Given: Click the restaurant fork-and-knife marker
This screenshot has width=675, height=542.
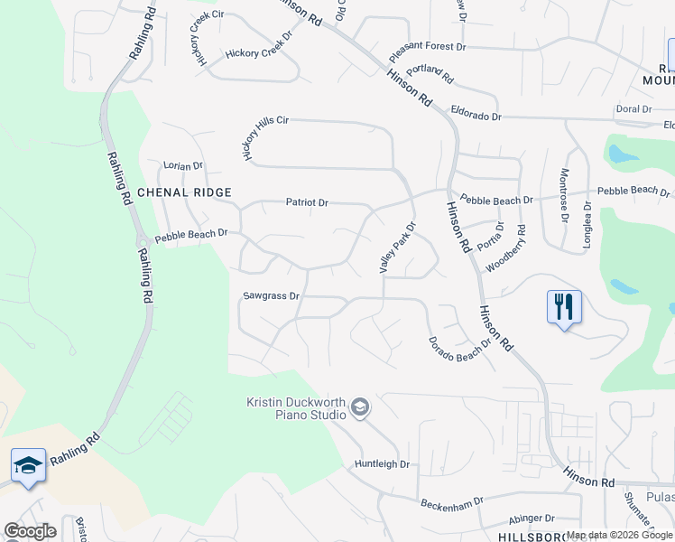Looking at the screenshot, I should click(564, 306).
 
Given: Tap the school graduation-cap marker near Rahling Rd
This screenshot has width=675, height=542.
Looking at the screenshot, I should click(28, 465).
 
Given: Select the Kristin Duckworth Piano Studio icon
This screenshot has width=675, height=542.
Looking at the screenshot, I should click(360, 408).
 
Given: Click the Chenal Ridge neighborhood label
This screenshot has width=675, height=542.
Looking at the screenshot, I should click(184, 192).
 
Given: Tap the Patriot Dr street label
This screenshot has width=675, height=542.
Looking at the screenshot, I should click(307, 202).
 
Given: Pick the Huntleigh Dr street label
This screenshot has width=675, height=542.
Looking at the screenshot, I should click(382, 463).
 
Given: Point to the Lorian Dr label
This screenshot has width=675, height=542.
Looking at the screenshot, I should click(183, 166).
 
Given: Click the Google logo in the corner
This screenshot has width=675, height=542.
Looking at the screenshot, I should click(30, 530).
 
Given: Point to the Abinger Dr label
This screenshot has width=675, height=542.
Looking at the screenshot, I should click(531, 519).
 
